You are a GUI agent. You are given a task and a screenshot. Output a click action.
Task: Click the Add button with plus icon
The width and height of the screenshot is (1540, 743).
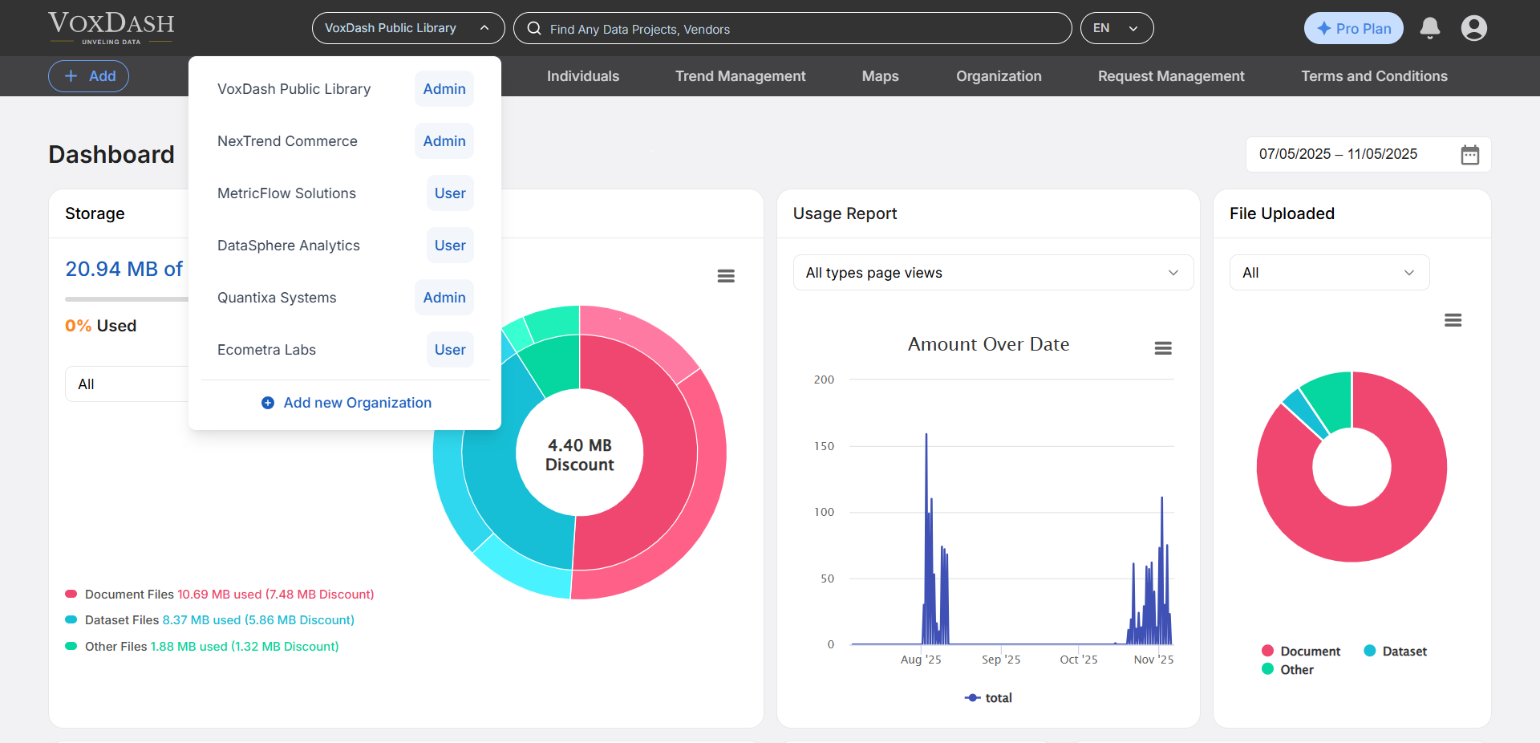point(88,76)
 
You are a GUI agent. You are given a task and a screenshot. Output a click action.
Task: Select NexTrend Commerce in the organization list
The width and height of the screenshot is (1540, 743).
point(287,141)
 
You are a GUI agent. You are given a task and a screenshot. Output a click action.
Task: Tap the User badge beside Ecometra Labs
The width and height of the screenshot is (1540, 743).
point(449,350)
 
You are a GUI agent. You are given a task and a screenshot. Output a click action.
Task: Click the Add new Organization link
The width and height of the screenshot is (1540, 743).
point(346,403)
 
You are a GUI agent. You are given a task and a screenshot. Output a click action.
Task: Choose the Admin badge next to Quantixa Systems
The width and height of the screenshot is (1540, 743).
point(444,298)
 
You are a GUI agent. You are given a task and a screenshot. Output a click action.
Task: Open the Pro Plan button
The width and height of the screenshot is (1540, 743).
point(1353,29)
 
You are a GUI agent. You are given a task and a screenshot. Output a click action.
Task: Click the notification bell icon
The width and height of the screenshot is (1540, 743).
point(1429,29)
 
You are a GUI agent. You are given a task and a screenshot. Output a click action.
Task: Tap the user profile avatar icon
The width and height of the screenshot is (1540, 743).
point(1473,29)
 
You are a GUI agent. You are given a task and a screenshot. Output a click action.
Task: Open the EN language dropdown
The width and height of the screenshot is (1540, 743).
point(1116,29)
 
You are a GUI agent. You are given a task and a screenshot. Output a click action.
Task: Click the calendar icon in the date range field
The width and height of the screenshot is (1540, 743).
point(1469,155)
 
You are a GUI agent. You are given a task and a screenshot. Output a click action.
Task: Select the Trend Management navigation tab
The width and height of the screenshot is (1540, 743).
point(740,76)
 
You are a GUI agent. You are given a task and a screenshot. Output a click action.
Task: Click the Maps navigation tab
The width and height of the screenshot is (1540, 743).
point(880,76)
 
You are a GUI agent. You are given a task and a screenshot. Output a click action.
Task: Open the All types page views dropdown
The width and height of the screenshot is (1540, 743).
point(992,273)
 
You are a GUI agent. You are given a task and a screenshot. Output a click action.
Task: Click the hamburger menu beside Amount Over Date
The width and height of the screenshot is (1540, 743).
point(1162,348)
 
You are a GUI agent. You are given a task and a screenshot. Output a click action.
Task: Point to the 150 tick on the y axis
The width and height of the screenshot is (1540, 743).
point(824,446)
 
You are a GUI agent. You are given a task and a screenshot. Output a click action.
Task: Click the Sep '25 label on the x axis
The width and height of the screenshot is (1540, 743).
point(1000,660)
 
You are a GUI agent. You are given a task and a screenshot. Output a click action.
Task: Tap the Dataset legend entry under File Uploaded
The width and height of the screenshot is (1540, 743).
point(1396,652)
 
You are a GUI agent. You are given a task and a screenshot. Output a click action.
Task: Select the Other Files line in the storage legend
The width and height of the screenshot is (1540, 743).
point(202,647)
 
